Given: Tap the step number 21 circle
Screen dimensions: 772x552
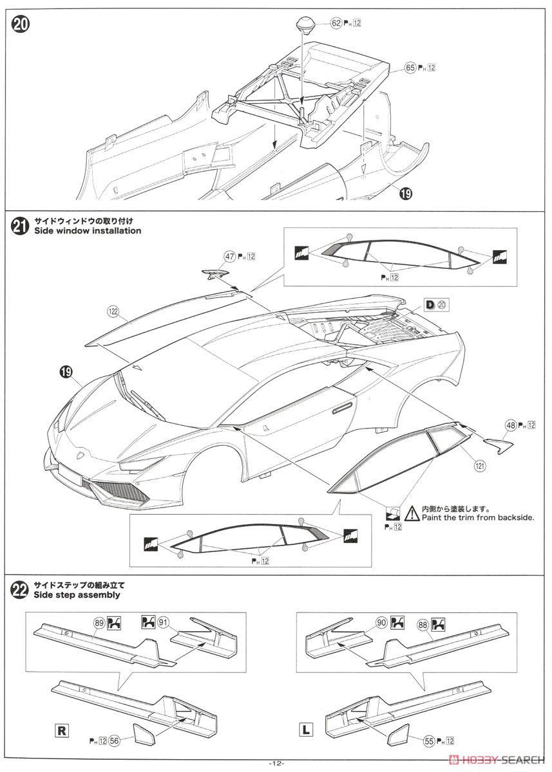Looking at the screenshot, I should point(20,226).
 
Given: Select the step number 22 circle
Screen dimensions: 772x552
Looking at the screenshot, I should point(20,589).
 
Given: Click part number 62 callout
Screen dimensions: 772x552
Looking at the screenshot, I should point(336,23).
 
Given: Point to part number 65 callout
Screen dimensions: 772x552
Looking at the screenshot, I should point(410,68).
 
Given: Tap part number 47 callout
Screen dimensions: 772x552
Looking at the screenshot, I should point(230,256).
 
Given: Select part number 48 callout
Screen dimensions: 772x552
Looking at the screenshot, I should point(510,425).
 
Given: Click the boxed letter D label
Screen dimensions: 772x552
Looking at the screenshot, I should point(429,304).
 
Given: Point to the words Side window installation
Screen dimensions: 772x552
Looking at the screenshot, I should point(87,230).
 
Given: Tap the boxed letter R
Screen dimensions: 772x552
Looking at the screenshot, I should point(62,730).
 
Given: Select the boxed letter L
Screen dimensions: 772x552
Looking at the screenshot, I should point(306,730).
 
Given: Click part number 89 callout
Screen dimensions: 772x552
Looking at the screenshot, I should point(99,622).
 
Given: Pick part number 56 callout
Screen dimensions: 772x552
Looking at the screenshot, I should point(113,740).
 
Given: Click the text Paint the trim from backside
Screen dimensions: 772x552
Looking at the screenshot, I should point(477,517).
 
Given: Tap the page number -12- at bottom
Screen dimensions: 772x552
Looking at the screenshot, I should point(276,763).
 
